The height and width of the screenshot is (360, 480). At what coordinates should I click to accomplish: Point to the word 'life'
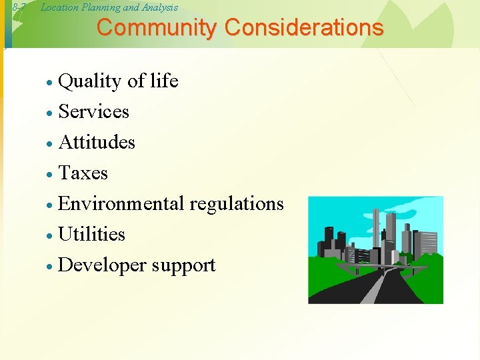(x=163, y=81)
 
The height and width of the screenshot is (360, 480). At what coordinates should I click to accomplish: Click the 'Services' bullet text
(x=94, y=111)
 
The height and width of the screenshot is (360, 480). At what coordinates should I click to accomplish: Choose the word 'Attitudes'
(x=97, y=142)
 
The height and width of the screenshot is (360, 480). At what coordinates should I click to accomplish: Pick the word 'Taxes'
(x=83, y=173)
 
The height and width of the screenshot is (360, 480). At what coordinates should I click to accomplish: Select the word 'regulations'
(x=237, y=203)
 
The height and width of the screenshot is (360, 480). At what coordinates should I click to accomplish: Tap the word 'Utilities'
(x=92, y=234)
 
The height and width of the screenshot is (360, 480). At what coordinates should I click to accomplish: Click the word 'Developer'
(x=103, y=265)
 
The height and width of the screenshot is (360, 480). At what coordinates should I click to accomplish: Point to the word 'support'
(x=183, y=266)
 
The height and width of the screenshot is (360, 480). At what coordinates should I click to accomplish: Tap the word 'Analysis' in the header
(x=159, y=7)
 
